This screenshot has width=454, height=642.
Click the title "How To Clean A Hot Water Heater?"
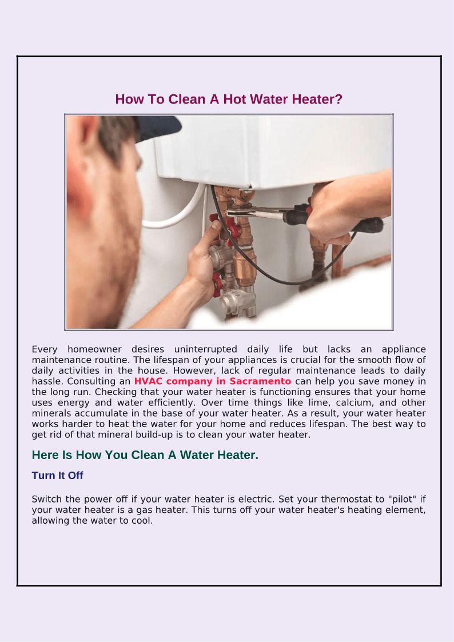tap(229, 99)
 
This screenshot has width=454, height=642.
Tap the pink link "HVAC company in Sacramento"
tap(213, 381)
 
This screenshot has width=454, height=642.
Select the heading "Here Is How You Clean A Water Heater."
tap(145, 455)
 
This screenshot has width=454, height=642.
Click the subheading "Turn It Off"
tap(57, 476)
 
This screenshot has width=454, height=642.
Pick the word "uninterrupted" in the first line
tap(205, 349)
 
